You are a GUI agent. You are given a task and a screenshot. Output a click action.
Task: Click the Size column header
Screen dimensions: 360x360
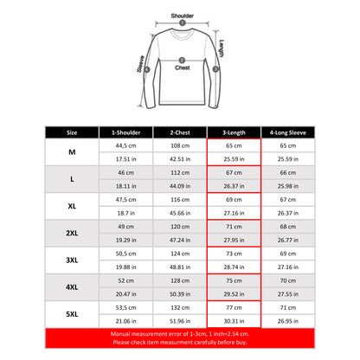(72, 132)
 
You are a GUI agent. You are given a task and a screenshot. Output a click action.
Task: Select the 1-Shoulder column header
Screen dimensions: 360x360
(126, 132)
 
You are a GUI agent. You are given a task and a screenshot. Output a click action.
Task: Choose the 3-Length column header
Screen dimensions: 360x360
(235, 132)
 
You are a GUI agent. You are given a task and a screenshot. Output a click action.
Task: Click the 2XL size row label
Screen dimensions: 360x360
(72, 231)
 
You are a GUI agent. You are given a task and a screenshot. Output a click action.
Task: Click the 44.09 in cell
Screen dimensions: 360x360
(181, 185)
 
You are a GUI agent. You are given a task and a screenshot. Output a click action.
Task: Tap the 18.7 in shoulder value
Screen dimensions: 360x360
(126, 211)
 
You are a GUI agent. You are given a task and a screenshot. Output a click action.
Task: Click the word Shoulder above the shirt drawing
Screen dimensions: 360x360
(182, 15)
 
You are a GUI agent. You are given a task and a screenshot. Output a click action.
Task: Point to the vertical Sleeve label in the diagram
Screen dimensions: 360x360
(139, 61)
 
